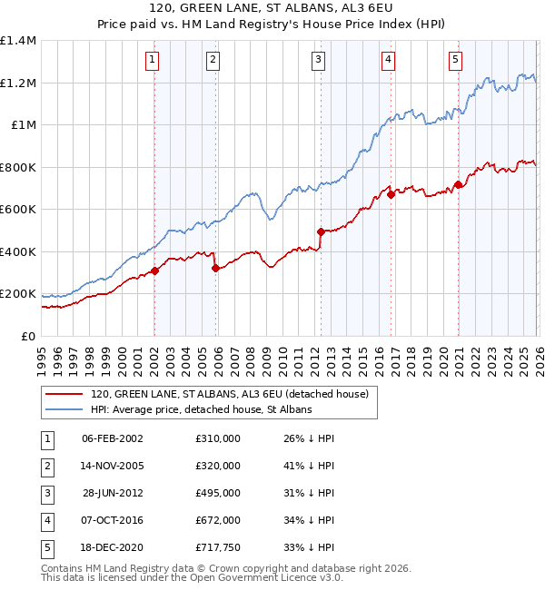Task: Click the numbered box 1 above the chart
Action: (152, 61)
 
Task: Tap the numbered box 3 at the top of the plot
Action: (319, 61)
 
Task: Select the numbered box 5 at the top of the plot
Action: (455, 61)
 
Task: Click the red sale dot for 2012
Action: (321, 231)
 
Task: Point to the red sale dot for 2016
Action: (391, 194)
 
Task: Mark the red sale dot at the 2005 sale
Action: (215, 269)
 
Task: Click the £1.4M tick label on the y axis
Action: (18, 41)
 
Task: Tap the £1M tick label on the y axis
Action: (23, 125)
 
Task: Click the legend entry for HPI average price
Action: (201, 410)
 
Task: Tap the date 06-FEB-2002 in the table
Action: (113, 438)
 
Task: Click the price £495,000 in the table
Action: (218, 493)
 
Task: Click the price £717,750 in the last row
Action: (218, 547)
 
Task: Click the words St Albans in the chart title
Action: (323, 8)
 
